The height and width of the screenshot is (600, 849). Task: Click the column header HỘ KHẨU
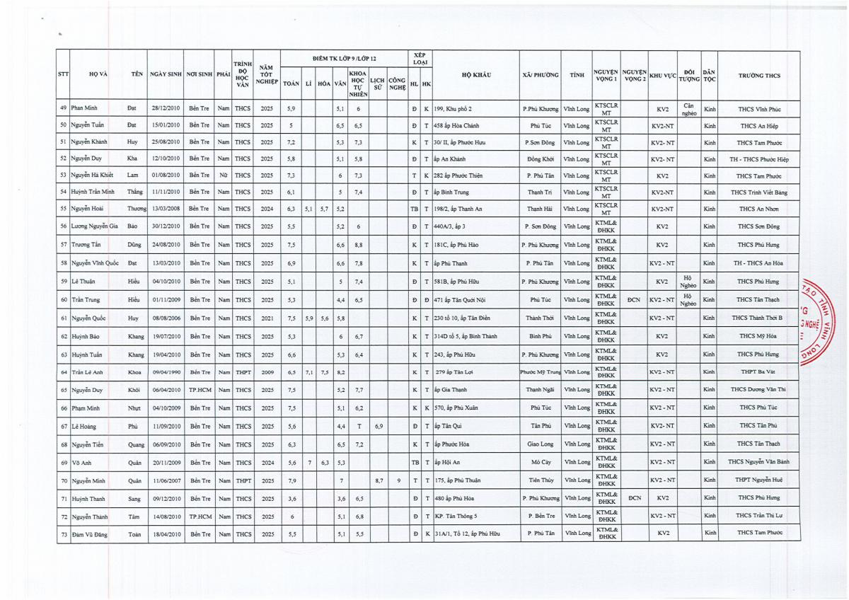(476, 74)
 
